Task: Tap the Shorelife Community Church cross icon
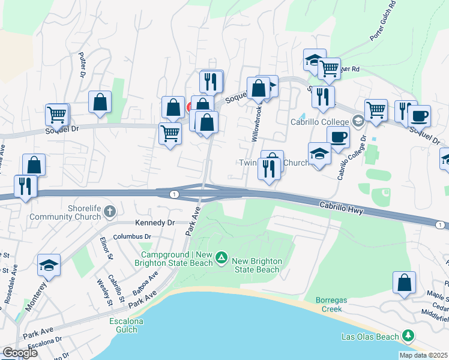(109, 211)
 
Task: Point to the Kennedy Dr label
(154, 223)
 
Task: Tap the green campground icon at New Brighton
(221, 258)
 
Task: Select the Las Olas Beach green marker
(408, 335)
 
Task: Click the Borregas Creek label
(330, 305)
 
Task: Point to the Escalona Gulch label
(126, 325)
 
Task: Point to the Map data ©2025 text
(424, 355)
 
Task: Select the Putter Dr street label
(82, 64)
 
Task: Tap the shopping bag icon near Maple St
(405, 283)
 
